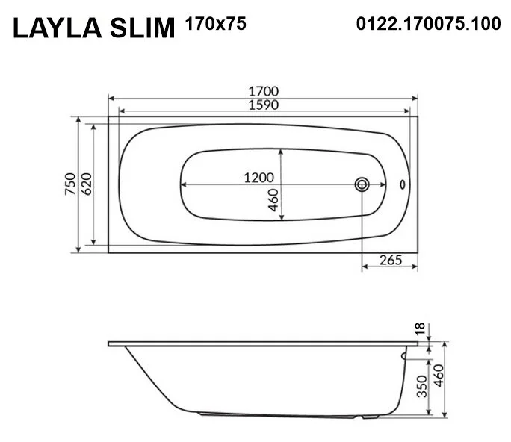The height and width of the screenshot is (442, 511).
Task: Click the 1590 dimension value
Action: (x=264, y=105)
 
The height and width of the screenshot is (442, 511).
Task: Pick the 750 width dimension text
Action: (x=69, y=184)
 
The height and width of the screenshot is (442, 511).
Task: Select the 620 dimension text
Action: (x=85, y=184)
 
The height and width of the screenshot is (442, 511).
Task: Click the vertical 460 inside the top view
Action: (x=273, y=200)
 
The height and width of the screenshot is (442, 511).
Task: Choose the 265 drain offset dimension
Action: (x=390, y=260)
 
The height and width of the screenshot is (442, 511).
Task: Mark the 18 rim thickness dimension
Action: (x=421, y=328)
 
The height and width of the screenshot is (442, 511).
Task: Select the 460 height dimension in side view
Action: (x=439, y=382)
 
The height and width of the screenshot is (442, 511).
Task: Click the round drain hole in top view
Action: (x=362, y=184)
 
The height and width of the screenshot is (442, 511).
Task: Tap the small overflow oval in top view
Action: (x=404, y=184)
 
